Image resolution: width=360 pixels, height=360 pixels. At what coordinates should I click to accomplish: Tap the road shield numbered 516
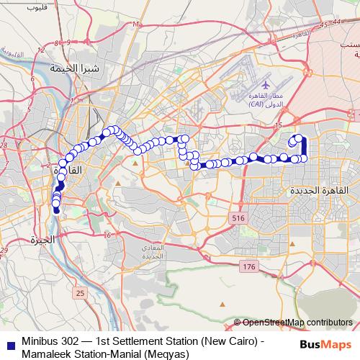(238, 217)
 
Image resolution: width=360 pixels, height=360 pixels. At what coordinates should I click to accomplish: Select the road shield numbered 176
(249, 267)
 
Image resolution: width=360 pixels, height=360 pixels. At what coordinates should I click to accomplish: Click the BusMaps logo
(325, 343)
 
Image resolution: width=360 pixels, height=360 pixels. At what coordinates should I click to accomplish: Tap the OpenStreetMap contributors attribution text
(297, 323)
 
